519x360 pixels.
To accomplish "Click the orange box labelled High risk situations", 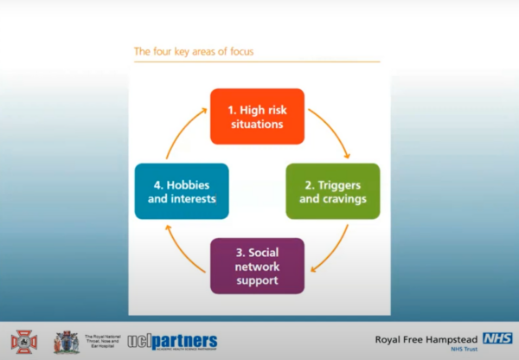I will pos(258,116).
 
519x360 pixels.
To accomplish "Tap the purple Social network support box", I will pos(258,266).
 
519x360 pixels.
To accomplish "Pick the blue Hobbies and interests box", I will pos(182,191).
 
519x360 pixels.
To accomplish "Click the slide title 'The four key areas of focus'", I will pos(193,52).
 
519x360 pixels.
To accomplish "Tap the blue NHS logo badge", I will pos(497,338).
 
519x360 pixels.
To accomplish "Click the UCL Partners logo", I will pos(173,341).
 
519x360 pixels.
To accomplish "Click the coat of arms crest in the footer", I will pos(66,342).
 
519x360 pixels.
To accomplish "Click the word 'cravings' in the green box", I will pos(343,199).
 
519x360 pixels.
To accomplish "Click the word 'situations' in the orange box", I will pos(258,124).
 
